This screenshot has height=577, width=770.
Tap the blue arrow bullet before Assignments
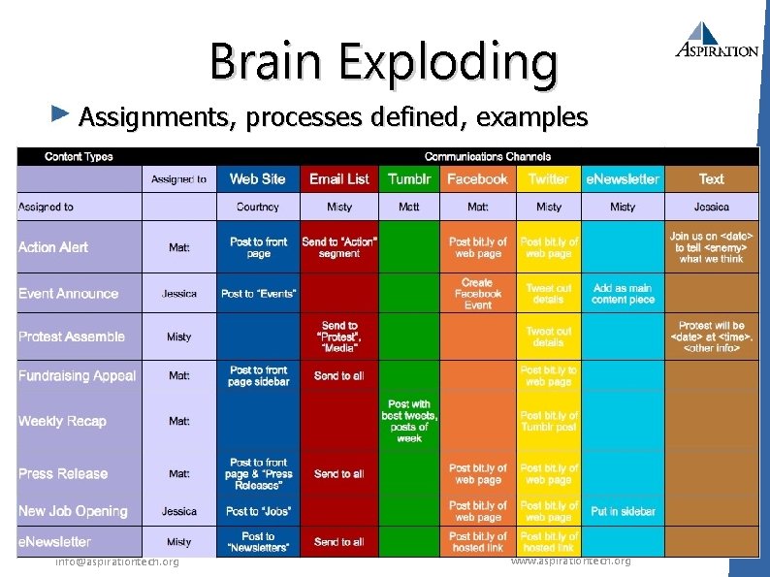click(x=60, y=115)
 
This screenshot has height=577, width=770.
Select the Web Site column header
click(x=257, y=178)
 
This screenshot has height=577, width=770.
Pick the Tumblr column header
click(x=409, y=178)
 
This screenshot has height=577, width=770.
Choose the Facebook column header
click(x=477, y=178)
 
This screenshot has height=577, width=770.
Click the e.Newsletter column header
click(x=623, y=178)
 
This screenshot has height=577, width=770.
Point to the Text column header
click(x=711, y=178)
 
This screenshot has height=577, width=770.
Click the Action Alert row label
click(x=53, y=247)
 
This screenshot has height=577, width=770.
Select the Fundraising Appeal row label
click(x=78, y=375)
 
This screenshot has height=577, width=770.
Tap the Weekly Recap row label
click(x=62, y=421)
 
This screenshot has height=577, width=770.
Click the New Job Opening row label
click(x=73, y=511)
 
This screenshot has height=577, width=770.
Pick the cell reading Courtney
click(x=257, y=207)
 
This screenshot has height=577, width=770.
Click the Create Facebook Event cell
click(x=477, y=293)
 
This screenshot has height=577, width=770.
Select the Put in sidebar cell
click(x=623, y=511)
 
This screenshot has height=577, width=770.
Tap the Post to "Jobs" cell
click(x=257, y=511)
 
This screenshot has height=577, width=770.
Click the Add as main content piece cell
click(x=623, y=294)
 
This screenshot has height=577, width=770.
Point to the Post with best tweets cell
click(x=409, y=421)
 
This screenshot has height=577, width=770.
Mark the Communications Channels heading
click(x=488, y=156)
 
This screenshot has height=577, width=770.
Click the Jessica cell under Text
click(x=711, y=207)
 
